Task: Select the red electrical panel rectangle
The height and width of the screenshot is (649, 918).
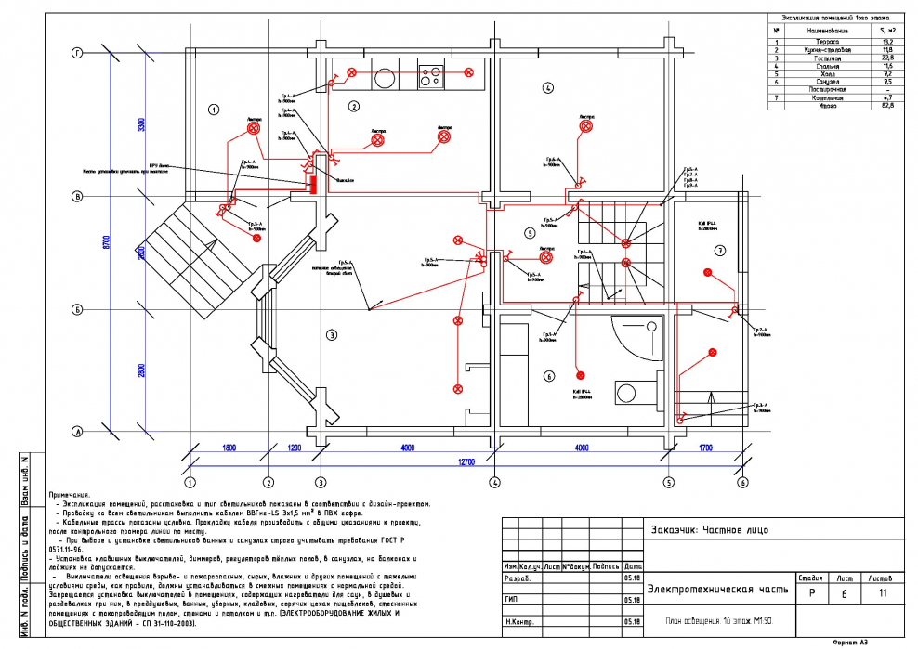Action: pyautogui.click(x=314, y=184)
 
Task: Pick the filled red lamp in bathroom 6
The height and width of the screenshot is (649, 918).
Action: pyautogui.click(x=581, y=375)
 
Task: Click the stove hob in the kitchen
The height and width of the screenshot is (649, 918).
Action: pyautogui.click(x=432, y=74)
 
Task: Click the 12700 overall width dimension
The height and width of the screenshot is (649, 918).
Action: pyautogui.click(x=465, y=461)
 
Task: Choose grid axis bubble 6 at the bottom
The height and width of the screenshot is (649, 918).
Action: pyautogui.click(x=742, y=483)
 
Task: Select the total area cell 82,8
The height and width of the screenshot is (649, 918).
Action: pyautogui.click(x=886, y=105)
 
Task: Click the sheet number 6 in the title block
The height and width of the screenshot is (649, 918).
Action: pyautogui.click(x=844, y=593)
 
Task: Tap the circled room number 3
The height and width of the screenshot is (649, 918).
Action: pyautogui.click(x=330, y=333)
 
